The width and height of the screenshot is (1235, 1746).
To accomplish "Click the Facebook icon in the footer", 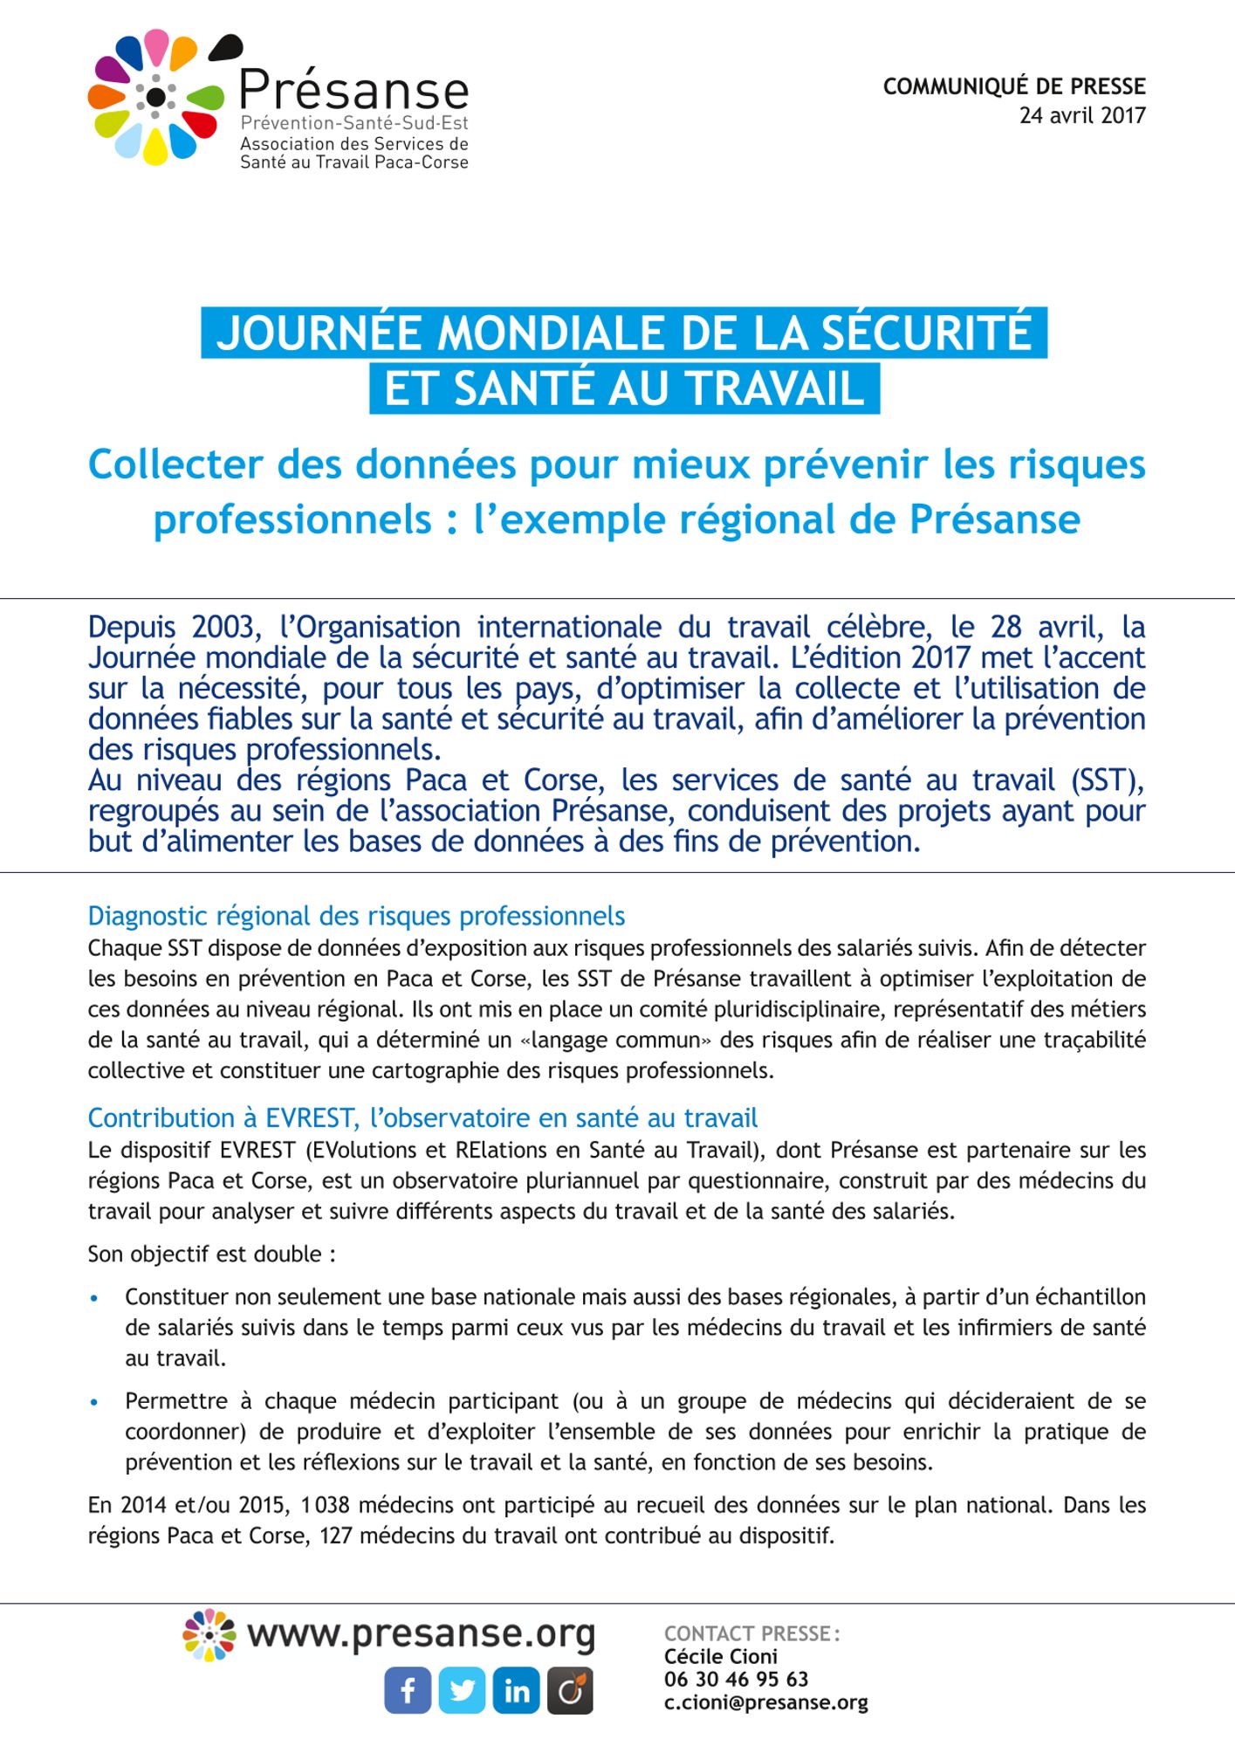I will click(408, 1690).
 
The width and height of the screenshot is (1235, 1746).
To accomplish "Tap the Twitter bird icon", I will click(462, 1690).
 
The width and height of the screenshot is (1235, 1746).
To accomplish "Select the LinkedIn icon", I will click(516, 1690).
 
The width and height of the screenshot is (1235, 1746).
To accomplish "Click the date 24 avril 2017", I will click(1082, 115).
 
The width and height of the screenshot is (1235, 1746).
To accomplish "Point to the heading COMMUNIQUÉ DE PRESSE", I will click(1014, 86).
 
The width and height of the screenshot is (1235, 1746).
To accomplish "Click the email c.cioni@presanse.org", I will click(765, 1702).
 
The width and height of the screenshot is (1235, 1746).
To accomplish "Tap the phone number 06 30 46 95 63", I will click(736, 1679).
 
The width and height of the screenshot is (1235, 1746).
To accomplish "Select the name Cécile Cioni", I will click(720, 1656).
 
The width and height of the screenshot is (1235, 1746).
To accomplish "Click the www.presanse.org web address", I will click(421, 1633).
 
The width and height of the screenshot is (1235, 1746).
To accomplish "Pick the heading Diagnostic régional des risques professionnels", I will click(356, 916).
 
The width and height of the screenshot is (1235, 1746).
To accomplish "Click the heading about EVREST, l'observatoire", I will click(422, 1117).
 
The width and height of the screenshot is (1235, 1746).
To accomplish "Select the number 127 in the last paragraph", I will click(336, 1535).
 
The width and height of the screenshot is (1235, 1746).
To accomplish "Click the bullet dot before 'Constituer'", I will click(94, 1298).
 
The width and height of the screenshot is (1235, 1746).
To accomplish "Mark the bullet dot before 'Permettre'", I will click(94, 1402).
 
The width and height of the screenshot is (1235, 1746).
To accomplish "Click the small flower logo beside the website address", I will click(209, 1634).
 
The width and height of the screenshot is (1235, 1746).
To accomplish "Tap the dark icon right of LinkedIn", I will click(570, 1690).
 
